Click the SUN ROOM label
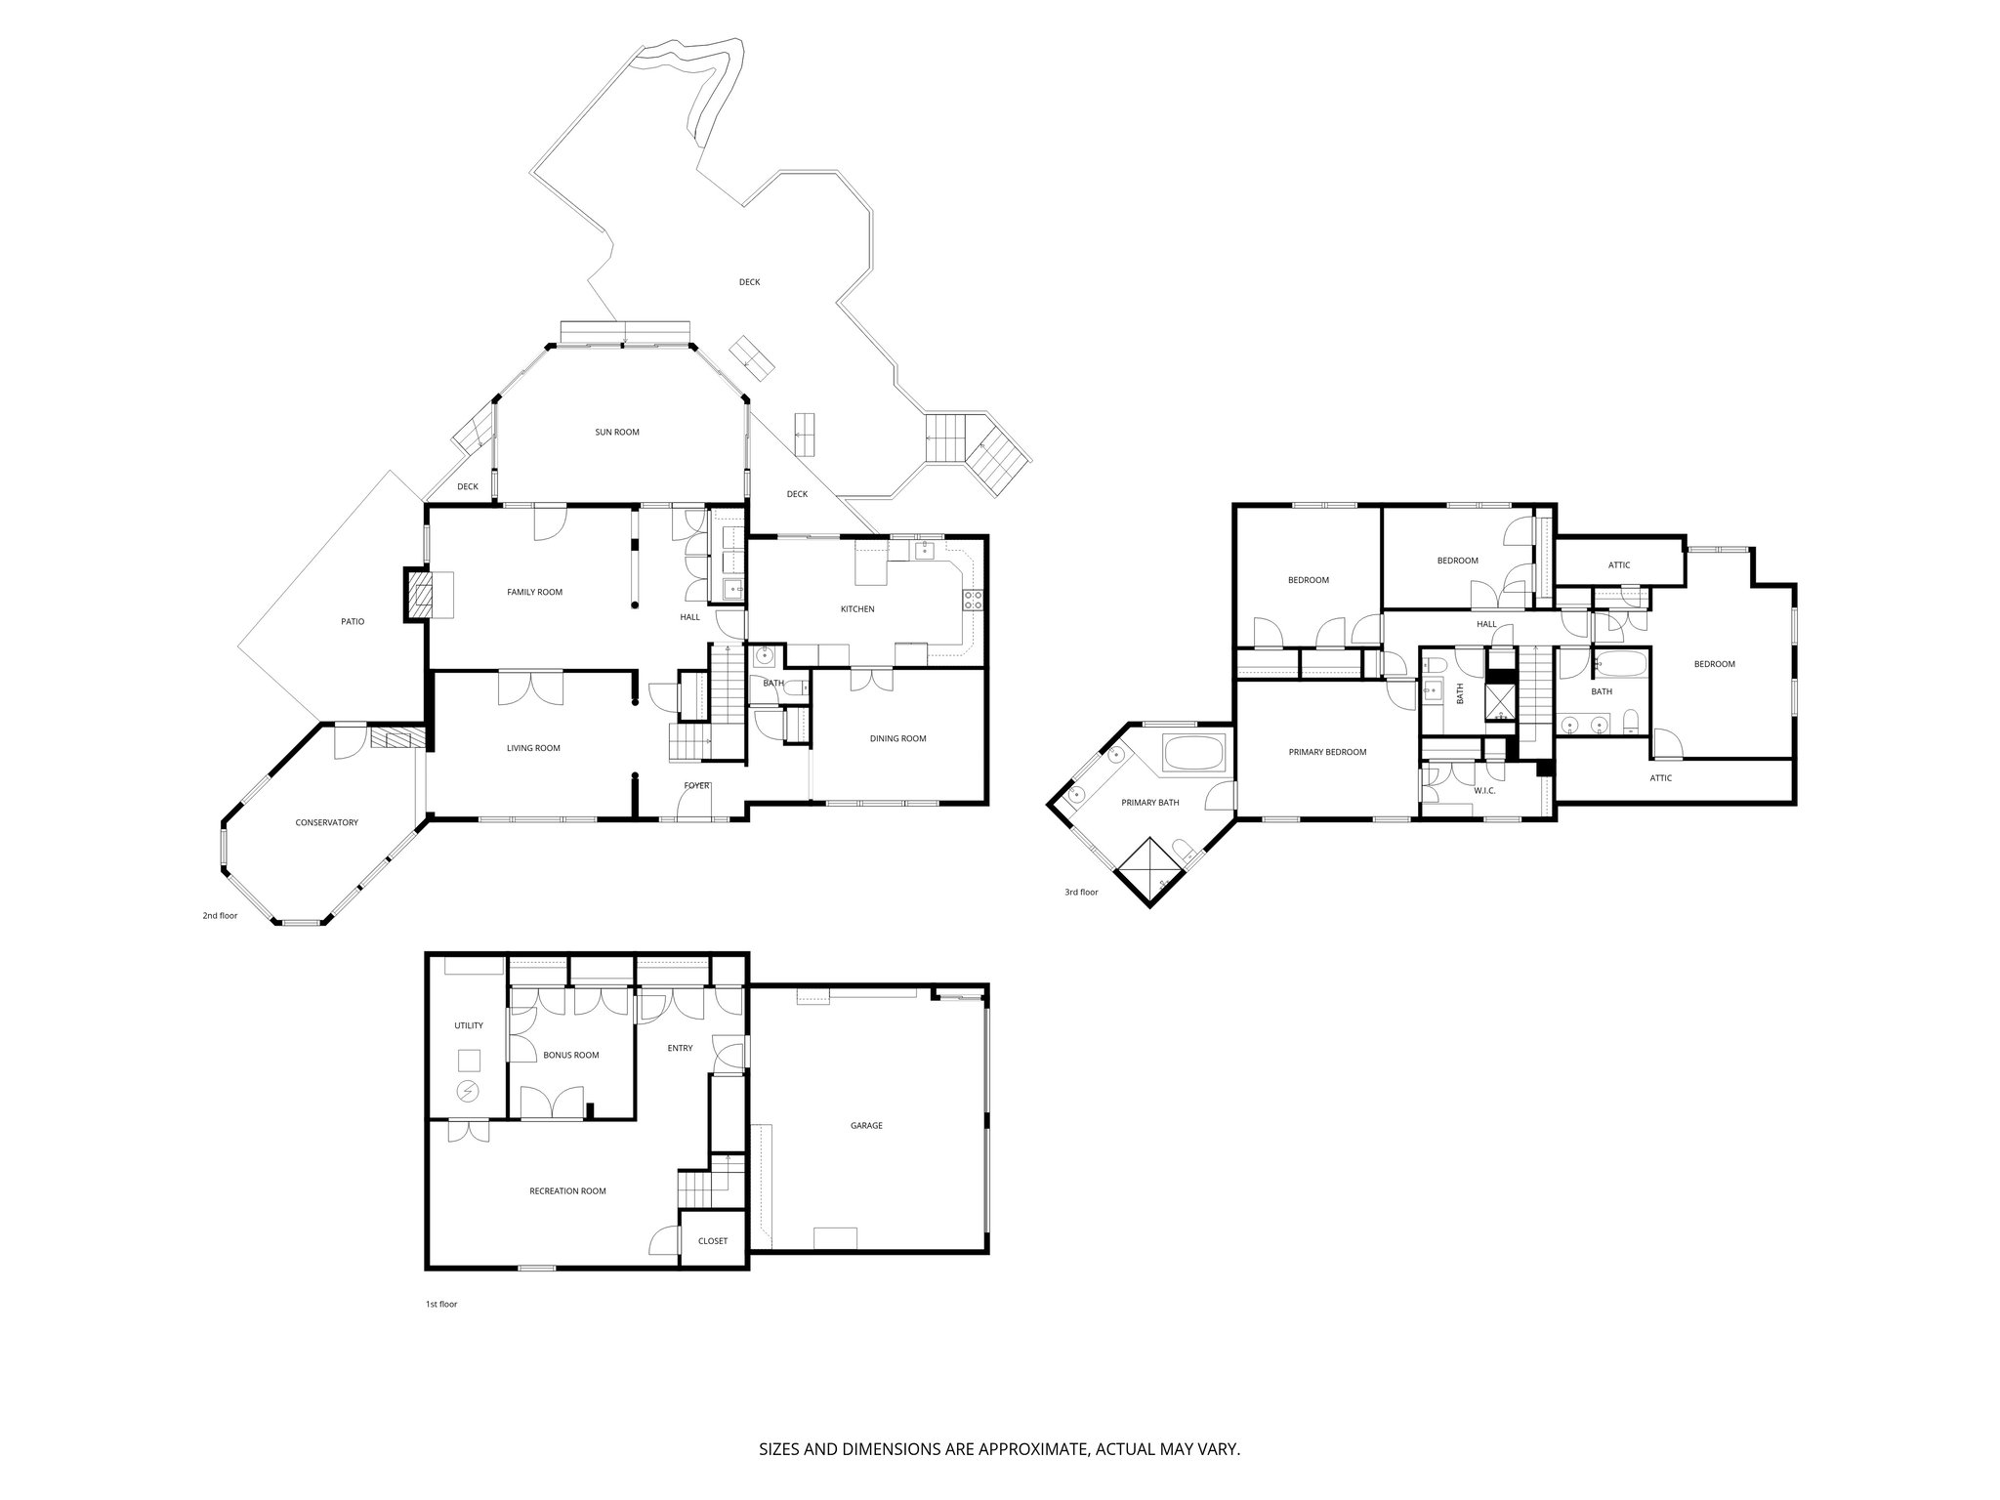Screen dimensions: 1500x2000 pyautogui.click(x=617, y=432)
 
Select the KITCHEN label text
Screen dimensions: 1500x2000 pyautogui.click(x=857, y=609)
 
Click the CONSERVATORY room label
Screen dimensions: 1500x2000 pyautogui.click(x=327, y=822)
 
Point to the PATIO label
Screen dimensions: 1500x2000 pyautogui.click(x=353, y=621)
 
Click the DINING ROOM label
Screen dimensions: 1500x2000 pyautogui.click(x=897, y=738)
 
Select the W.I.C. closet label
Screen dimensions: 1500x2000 pyautogui.click(x=1484, y=791)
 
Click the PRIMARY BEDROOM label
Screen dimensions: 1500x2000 pyautogui.click(x=1327, y=752)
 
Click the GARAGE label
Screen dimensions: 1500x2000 pyautogui.click(x=866, y=1125)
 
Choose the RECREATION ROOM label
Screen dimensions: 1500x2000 pyautogui.click(x=567, y=1190)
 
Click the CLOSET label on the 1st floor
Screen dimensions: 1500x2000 pyautogui.click(x=713, y=1241)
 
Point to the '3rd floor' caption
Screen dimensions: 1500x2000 pyautogui.click(x=1081, y=892)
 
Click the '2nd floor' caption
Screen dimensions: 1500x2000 pyautogui.click(x=220, y=916)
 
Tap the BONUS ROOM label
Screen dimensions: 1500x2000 pyautogui.click(x=571, y=1055)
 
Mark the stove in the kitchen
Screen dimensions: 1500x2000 pyautogui.click(x=973, y=601)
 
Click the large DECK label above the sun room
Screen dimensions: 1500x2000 pyautogui.click(x=749, y=282)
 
